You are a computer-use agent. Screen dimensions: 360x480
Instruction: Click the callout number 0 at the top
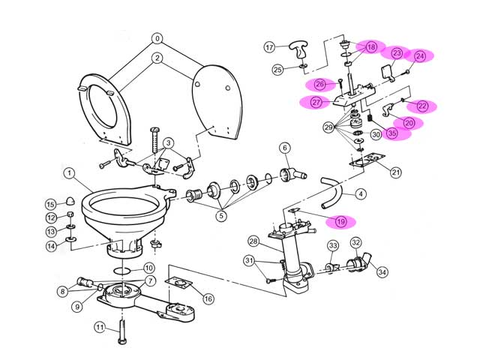[x=157, y=38]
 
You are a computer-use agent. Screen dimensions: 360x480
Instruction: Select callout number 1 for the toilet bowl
[x=68, y=173]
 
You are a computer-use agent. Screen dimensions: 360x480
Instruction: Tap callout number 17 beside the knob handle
[x=270, y=47]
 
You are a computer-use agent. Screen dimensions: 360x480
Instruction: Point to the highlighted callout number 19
[x=340, y=221]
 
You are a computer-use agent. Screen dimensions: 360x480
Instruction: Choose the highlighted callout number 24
[x=419, y=55]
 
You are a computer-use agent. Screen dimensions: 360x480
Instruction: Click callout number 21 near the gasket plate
[x=396, y=172]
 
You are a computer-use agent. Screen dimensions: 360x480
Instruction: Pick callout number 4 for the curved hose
[x=361, y=194]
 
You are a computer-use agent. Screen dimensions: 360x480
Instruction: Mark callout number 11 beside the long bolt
[x=100, y=327]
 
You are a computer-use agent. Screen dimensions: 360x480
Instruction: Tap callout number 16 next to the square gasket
[x=208, y=298]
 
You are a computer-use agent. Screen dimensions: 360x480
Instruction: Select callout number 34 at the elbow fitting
[x=382, y=271]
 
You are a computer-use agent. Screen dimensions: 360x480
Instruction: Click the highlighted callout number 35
[x=392, y=133]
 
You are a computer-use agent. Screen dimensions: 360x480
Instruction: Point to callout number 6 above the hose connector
[x=285, y=148]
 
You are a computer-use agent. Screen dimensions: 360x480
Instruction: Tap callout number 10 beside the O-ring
[x=148, y=268]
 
